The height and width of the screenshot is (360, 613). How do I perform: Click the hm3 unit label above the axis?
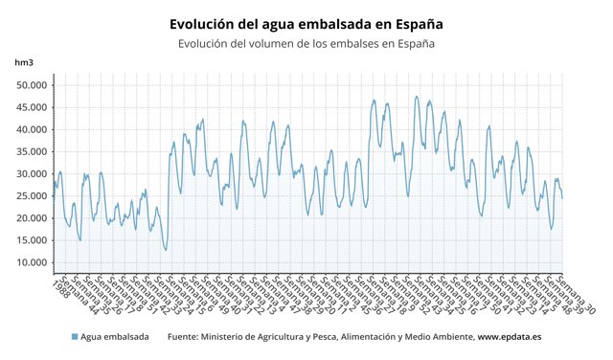[x=23, y=62]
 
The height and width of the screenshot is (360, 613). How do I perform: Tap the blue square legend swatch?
[x=75, y=337]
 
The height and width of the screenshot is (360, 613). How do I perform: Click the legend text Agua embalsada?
[x=115, y=337]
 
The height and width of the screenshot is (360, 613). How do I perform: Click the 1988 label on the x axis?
[x=59, y=288]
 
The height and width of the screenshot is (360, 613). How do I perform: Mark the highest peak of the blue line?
[x=417, y=97]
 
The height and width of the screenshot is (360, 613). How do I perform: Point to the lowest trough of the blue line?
[x=166, y=251]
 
